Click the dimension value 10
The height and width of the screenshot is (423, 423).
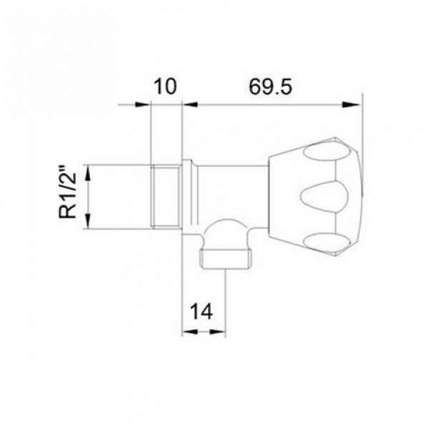tap(165, 86)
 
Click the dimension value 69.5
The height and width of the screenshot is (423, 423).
tap(270, 87)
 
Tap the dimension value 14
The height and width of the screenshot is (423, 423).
tap(201, 312)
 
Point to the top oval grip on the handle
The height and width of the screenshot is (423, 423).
tap(327, 152)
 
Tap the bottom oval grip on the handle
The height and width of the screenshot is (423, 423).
tap(327, 241)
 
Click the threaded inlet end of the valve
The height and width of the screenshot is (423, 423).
tap(165, 196)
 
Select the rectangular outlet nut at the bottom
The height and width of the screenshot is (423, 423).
tap(226, 259)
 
